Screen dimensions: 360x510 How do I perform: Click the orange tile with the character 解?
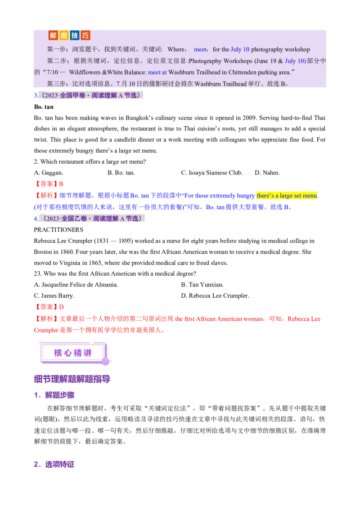click(54, 35)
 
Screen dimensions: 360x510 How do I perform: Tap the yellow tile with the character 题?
click(64, 35)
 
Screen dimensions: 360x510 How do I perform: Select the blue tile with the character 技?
click(75, 35)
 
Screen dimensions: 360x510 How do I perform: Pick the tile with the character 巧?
click(85, 35)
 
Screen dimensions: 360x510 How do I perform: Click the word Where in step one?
click(176, 49)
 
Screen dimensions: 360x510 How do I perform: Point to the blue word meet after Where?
click(200, 49)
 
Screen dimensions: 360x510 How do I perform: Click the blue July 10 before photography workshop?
click(240, 49)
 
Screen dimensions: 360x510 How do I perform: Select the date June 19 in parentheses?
click(265, 61)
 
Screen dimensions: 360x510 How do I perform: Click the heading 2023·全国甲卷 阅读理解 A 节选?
click(90, 95)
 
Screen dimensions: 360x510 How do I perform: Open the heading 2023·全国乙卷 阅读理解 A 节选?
click(92, 218)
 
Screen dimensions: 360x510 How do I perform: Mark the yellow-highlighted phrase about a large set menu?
click(288, 196)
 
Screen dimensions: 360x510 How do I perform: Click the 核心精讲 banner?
click(73, 353)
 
